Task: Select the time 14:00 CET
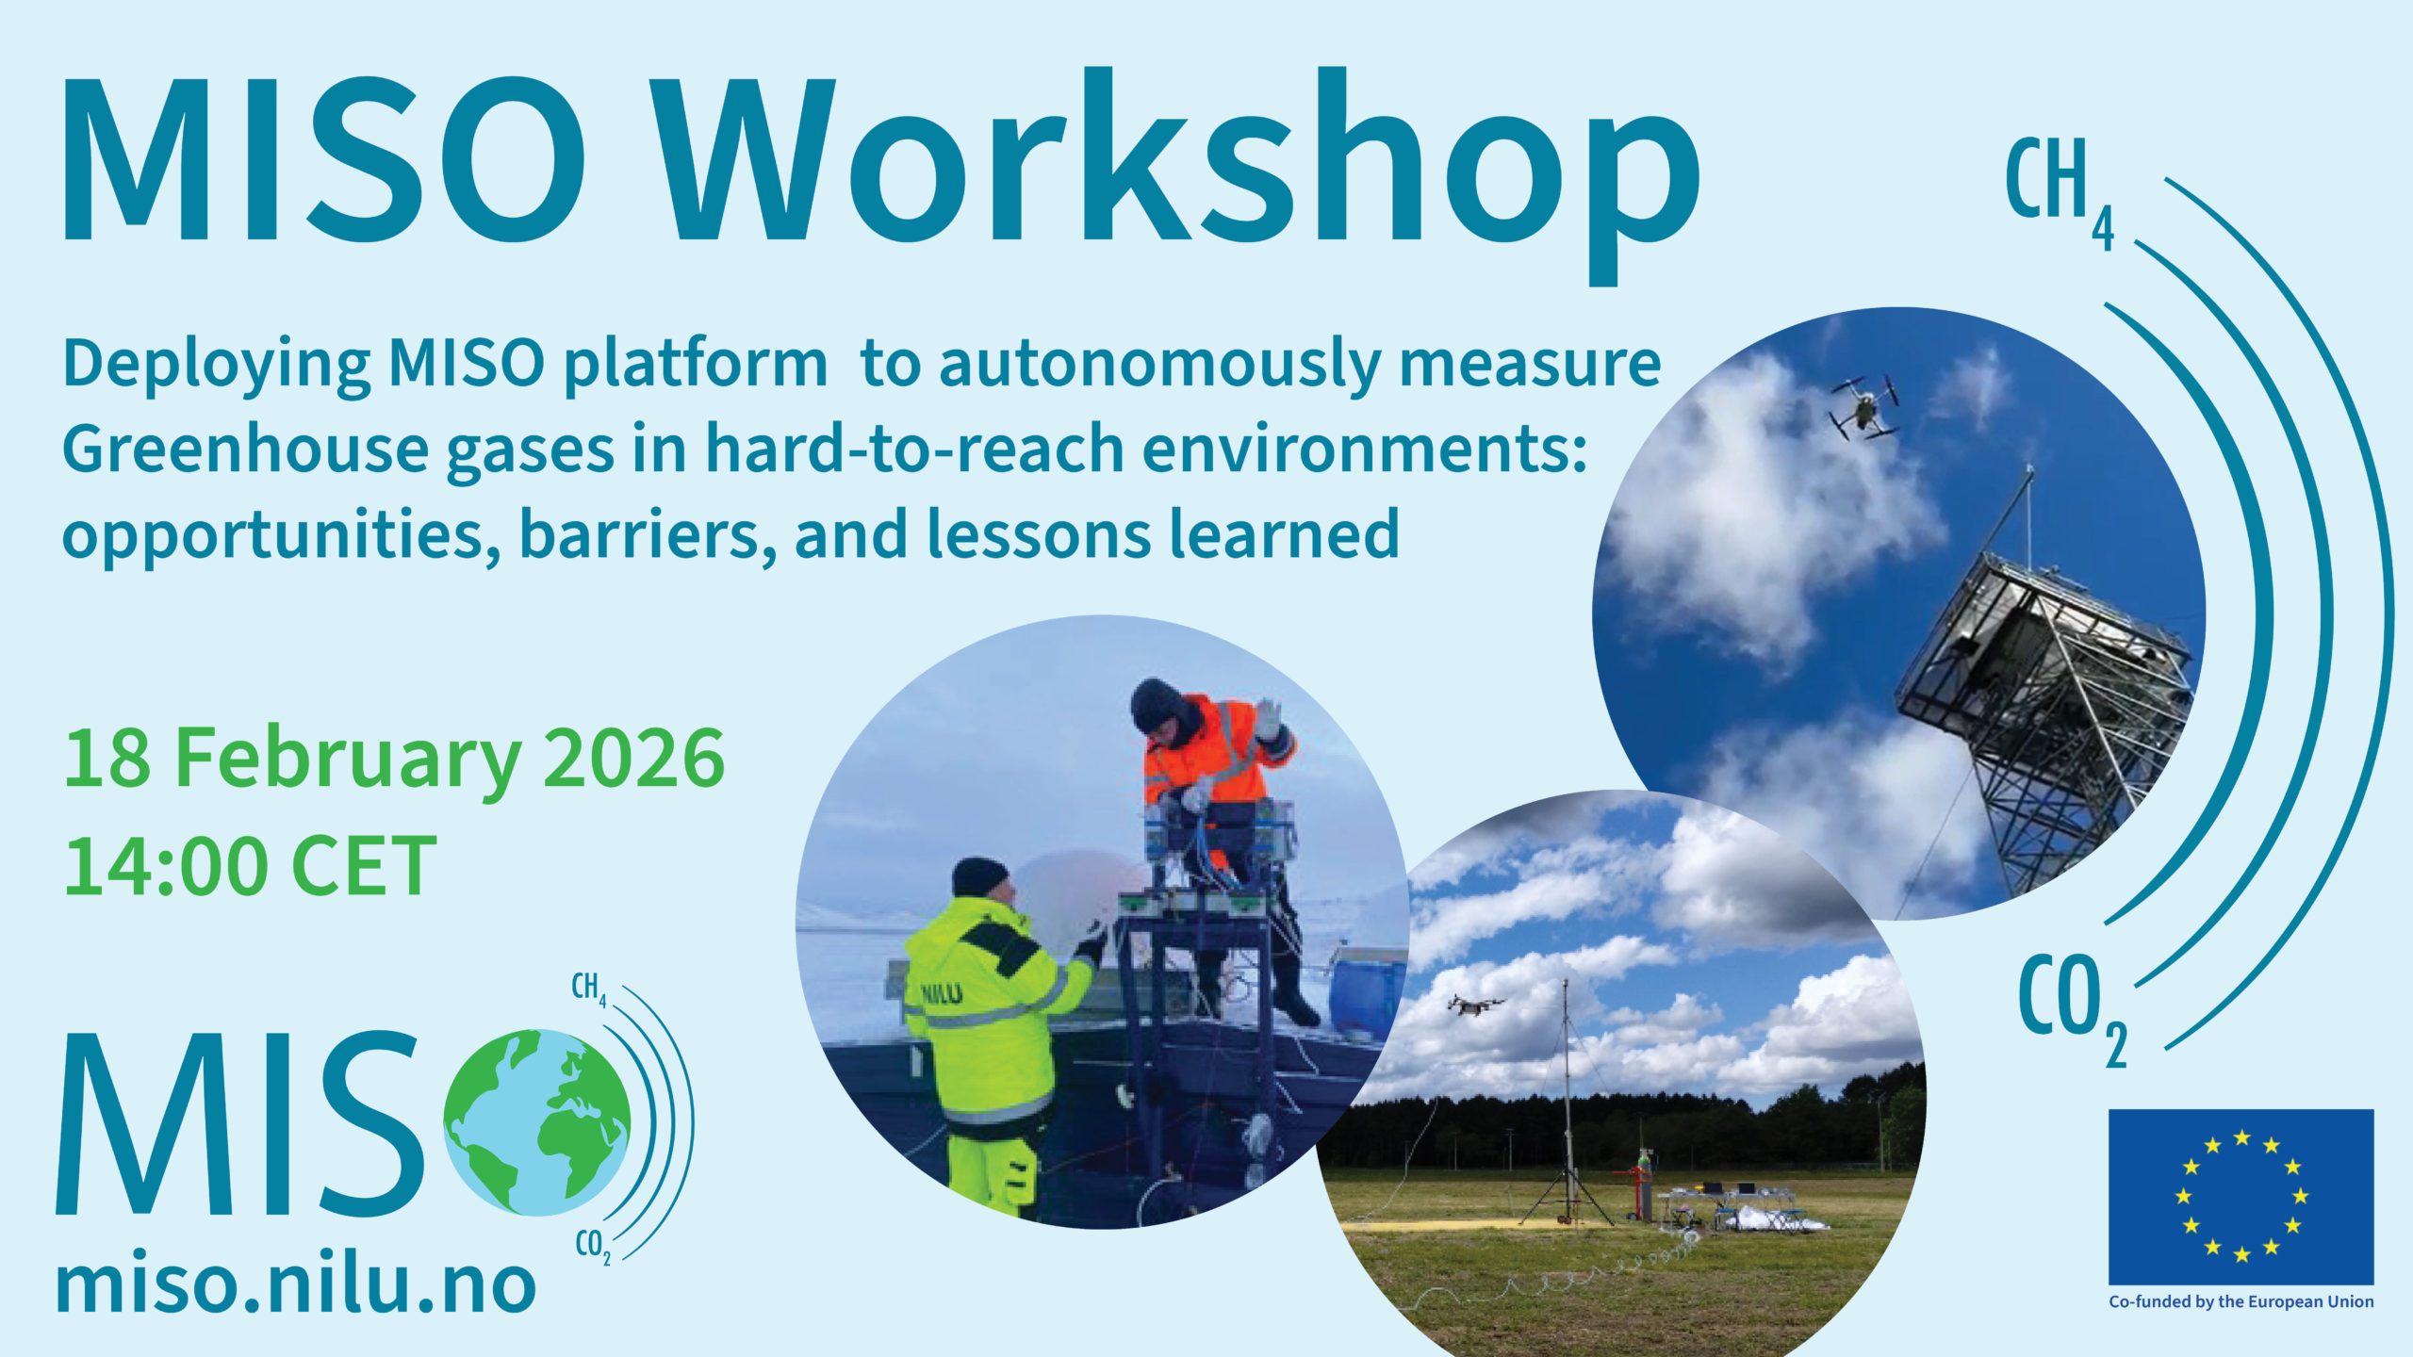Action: [250, 866]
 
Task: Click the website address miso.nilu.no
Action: [296, 1285]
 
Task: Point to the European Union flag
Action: [2241, 1197]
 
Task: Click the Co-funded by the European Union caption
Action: [2241, 1302]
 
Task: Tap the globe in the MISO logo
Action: [536, 1122]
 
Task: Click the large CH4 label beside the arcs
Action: [2060, 194]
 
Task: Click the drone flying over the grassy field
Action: [1475, 1005]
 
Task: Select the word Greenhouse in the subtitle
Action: [245, 450]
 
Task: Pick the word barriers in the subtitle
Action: [648, 534]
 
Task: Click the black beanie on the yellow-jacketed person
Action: [979, 876]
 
